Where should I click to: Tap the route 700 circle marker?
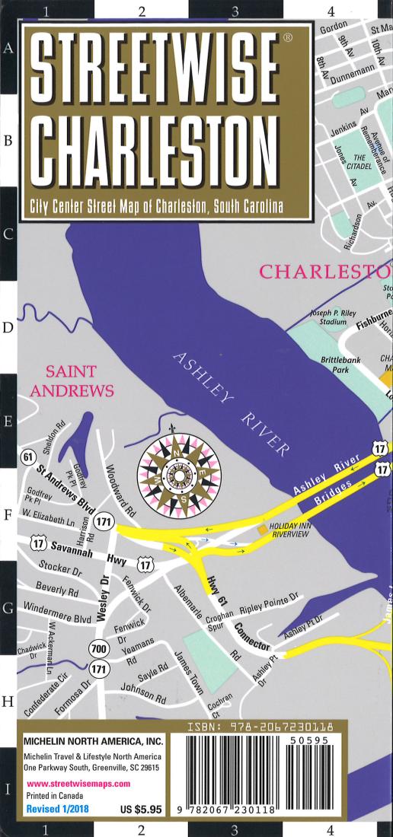98,649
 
